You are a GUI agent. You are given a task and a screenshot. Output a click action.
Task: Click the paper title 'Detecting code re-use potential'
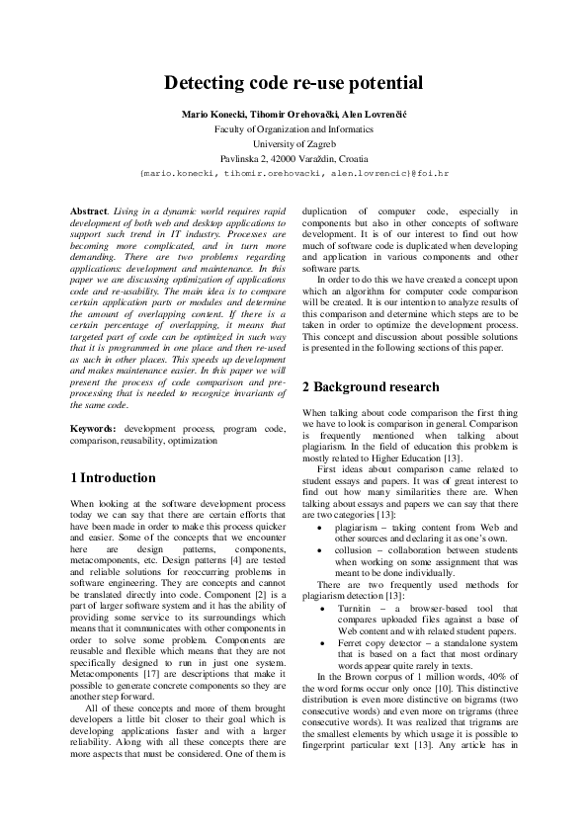tap(294, 84)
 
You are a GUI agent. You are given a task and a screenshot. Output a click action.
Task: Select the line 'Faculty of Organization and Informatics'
tap(294, 129)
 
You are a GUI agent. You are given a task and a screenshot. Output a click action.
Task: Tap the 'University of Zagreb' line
tap(294, 143)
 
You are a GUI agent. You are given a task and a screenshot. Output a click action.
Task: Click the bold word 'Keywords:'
tap(93, 429)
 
